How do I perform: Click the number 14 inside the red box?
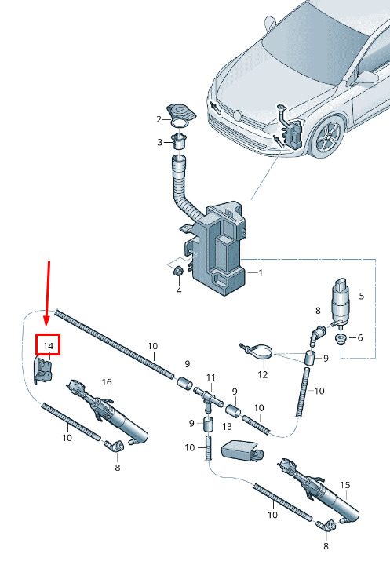pos(49,346)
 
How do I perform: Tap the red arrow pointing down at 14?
pos(48,293)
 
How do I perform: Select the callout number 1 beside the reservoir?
pos(261,273)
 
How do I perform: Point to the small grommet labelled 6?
pos(341,339)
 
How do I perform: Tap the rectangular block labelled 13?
pos(242,450)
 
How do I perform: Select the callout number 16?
pos(107,382)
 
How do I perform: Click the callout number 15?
pos(345,485)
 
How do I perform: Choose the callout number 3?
pos(159,142)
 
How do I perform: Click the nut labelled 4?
pos(178,272)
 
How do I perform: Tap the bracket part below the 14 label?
pos(44,370)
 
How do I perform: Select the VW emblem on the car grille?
pos(237,115)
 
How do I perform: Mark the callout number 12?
pos(263,375)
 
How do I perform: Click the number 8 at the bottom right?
pos(326,546)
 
